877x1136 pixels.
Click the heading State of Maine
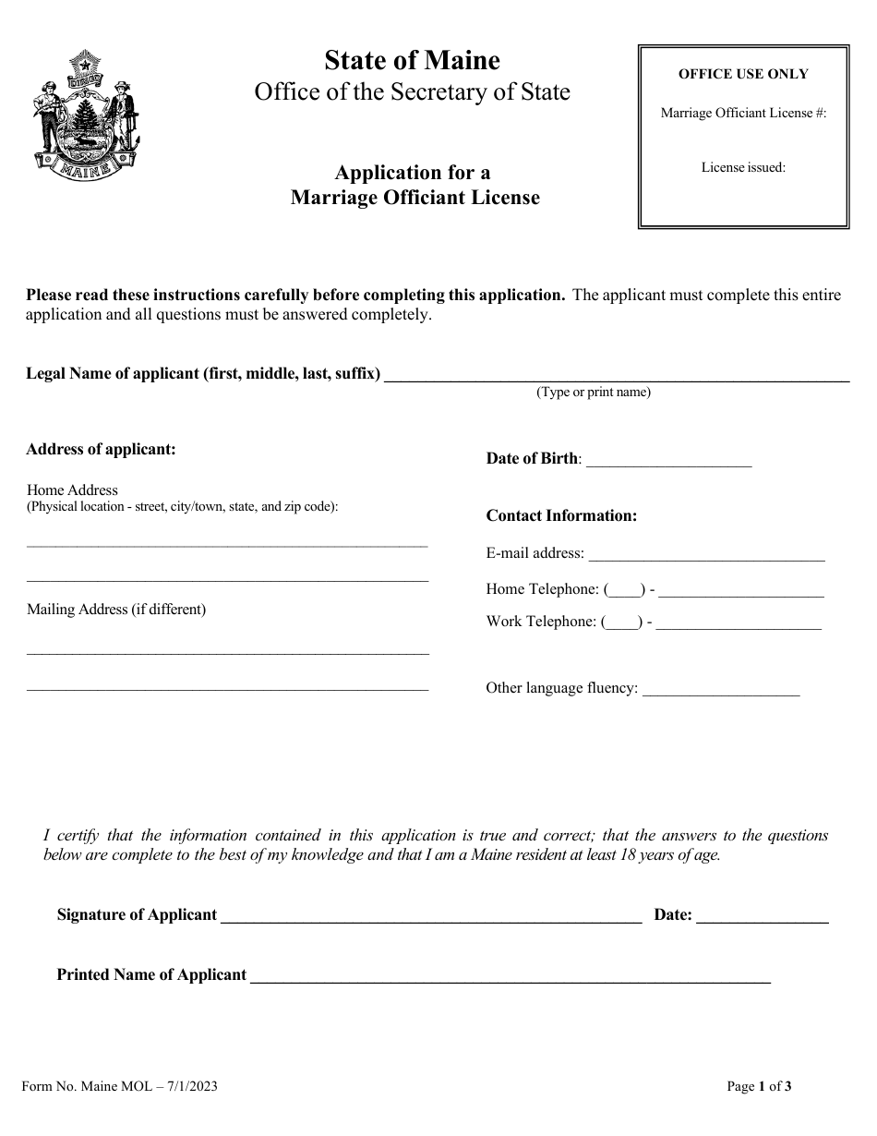412,61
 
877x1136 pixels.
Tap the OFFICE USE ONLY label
743,75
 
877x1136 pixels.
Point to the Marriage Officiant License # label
743,113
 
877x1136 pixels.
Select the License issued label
743,168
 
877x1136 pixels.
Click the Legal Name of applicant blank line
616,378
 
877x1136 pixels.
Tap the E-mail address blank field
706,558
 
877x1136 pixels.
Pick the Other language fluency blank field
720,692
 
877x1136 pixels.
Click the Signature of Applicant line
431,919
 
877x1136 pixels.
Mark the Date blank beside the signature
762,919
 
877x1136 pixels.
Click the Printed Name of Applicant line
511,979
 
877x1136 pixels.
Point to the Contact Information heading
561,515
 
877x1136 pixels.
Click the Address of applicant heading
101,450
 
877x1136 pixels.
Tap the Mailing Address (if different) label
116,610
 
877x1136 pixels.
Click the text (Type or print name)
594,393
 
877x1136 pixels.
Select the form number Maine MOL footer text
119,1087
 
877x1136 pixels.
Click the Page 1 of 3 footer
759,1087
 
